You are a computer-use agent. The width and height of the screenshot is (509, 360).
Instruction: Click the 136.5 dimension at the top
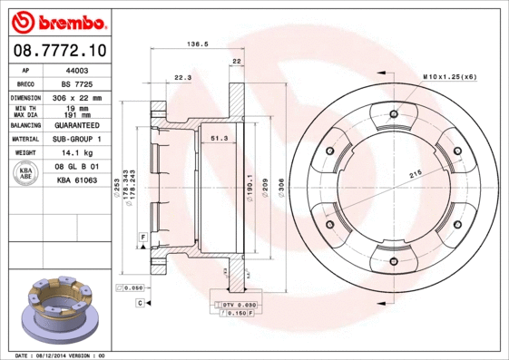196,43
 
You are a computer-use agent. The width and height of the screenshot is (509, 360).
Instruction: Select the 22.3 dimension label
181,78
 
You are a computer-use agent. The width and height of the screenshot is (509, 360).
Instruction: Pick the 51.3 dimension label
219,138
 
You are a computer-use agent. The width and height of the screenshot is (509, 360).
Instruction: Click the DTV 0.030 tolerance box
239,306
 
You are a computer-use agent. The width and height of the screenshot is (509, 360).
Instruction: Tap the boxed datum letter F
142,237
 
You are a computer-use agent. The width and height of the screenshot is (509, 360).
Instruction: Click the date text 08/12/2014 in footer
57,355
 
